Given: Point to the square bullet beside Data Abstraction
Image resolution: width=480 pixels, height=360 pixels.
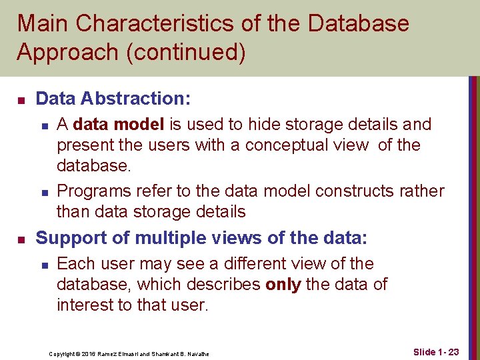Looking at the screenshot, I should tap(21, 100).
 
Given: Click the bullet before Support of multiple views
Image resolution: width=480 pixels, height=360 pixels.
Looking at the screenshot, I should tap(21, 239).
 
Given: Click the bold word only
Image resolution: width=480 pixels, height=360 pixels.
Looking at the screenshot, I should tap(283, 285).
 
